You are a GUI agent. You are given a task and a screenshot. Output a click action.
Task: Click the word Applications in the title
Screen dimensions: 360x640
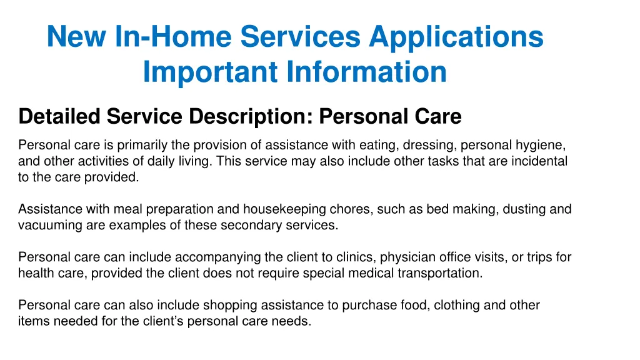(x=456, y=37)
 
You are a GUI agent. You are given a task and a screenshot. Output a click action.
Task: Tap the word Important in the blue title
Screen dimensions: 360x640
(x=210, y=72)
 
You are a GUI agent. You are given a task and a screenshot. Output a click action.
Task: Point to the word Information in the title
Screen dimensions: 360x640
(x=367, y=72)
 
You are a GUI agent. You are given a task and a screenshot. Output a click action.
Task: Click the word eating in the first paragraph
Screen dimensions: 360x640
(x=374, y=146)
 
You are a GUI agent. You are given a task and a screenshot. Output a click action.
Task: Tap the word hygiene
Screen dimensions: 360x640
(x=542, y=146)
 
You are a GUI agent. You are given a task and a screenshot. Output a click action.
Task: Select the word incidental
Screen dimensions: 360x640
(x=538, y=161)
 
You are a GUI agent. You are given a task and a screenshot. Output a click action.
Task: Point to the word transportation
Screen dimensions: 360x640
(x=441, y=273)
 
